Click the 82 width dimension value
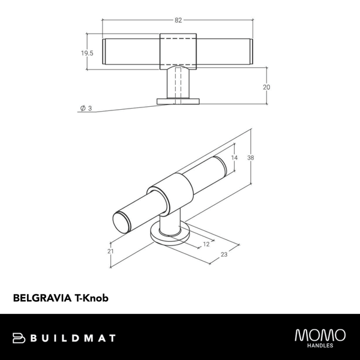178,20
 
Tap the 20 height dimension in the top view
266,87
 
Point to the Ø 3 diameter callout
85,108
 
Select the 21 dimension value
110,251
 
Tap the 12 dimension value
206,244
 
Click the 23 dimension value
223,254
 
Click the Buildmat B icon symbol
19,338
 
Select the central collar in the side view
178,50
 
